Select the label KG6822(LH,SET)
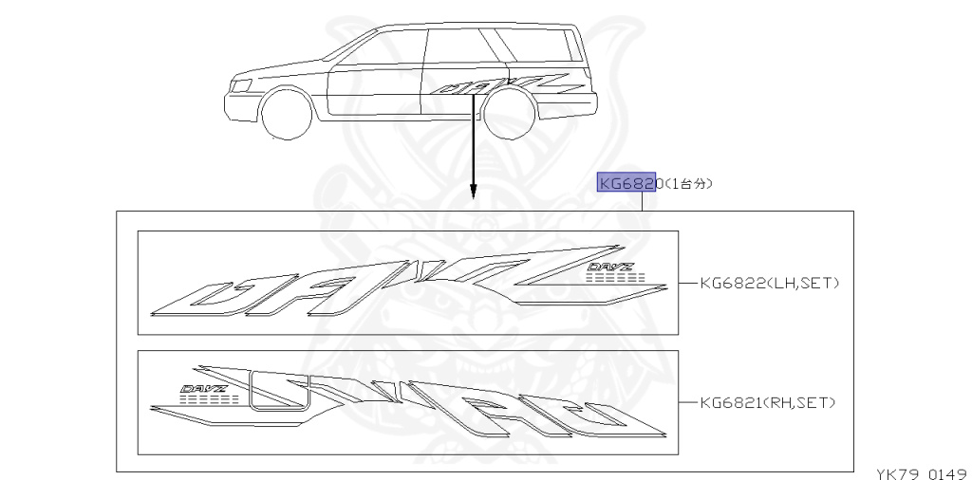[x=769, y=282]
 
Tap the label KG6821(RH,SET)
[x=766, y=402]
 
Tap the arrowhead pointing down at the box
[x=472, y=196]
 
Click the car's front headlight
[x=242, y=85]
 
